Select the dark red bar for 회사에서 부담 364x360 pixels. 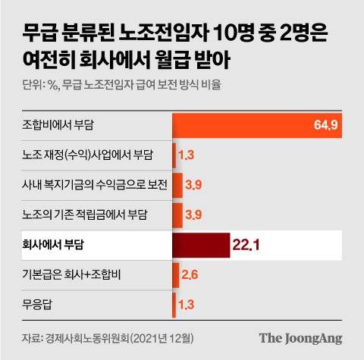pyautogui.click(x=201, y=246)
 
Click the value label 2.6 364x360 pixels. pyautogui.click(x=190, y=275)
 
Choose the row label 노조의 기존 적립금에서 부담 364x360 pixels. pyautogui.click(x=83, y=215)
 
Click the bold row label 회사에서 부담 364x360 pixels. pyautogui.click(x=55, y=246)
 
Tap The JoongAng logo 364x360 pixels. pyautogui.click(x=301, y=337)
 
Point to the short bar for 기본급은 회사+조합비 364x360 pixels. pyautogui.click(x=176, y=275)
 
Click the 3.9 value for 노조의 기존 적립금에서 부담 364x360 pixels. pyautogui.click(x=193, y=215)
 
